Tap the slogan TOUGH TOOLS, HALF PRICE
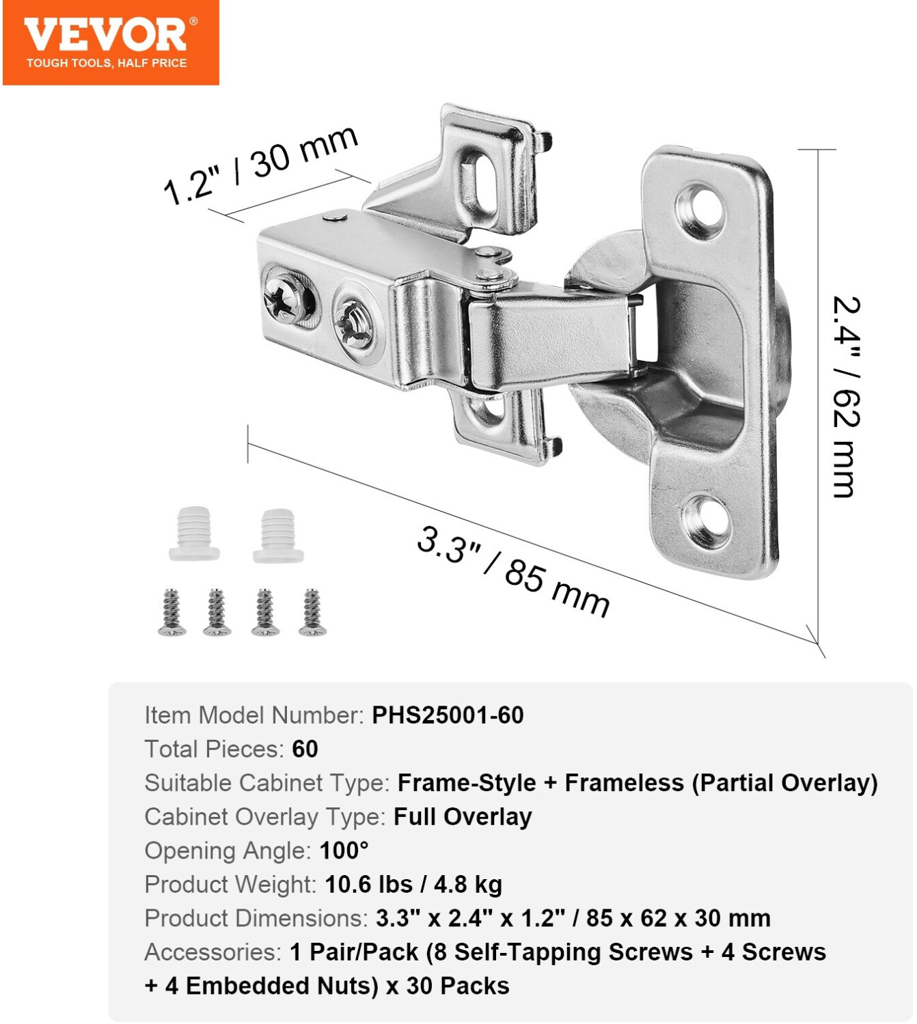coord(107,63)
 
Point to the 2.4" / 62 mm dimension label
coord(846,397)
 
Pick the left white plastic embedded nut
coord(195,534)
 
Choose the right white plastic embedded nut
coord(279,536)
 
